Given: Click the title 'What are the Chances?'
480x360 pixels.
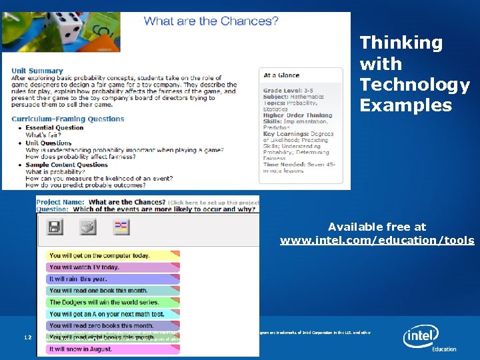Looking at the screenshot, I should coord(211,21).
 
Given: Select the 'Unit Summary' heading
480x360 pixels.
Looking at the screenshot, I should coord(37,71).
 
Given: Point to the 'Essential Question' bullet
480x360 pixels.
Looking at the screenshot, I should coord(54,127).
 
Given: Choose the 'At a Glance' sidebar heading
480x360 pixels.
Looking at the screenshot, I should coord(281,75).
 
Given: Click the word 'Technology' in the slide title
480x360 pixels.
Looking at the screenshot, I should coord(415,85).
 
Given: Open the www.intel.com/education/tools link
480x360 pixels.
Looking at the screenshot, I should coord(377,241).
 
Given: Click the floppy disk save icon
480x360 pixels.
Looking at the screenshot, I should coord(55,227).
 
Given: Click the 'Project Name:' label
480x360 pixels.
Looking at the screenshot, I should coord(60,202).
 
